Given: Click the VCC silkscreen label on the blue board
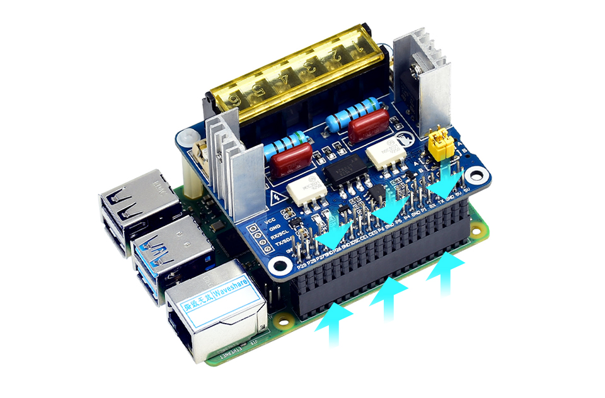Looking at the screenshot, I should pos(271,221).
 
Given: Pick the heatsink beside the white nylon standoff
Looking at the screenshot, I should pos(230,164).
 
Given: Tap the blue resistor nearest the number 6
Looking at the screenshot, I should pos(286,145).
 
